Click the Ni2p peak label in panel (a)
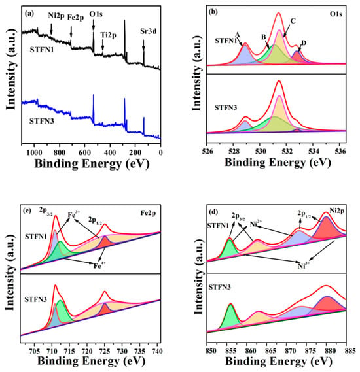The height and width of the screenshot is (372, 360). (x=56, y=16)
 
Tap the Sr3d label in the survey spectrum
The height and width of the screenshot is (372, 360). (x=148, y=31)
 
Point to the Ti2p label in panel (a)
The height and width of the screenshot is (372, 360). (x=108, y=35)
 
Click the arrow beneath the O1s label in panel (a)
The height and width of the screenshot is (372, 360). (x=94, y=24)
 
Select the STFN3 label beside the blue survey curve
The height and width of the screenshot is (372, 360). (x=41, y=121)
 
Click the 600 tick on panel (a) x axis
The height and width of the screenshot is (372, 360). (x=84, y=152)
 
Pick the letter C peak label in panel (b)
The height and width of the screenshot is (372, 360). (x=293, y=21)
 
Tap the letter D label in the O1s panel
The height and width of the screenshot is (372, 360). (x=304, y=43)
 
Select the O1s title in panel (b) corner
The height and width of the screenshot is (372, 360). (x=336, y=14)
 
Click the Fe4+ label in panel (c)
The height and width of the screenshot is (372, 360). (x=99, y=265)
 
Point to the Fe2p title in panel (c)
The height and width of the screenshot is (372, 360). (x=148, y=213)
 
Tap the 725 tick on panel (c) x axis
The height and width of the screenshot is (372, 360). (x=105, y=351)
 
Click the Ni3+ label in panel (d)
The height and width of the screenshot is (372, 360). (x=304, y=265)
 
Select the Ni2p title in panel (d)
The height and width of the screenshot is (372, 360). (x=336, y=211)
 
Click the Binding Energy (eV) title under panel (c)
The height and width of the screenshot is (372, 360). (x=91, y=362)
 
